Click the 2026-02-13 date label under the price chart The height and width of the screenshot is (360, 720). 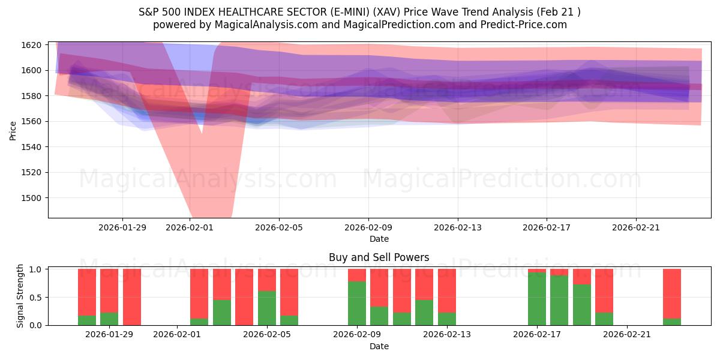(458, 227)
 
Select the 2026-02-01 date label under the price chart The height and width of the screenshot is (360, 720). (190, 227)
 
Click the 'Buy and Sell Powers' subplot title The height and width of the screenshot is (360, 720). (379, 257)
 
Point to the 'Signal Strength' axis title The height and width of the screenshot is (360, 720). (20, 296)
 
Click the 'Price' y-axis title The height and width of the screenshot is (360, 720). (13, 130)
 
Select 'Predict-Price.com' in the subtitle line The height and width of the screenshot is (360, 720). (528, 25)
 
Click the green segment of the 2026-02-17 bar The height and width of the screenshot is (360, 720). (537, 299)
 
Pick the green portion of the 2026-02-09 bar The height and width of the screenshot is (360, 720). (357, 303)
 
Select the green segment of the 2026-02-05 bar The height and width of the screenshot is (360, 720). (267, 308)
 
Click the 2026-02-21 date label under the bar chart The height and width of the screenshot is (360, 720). (626, 334)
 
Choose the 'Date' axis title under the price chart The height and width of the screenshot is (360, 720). (379, 239)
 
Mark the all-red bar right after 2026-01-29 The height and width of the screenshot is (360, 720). (132, 297)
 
